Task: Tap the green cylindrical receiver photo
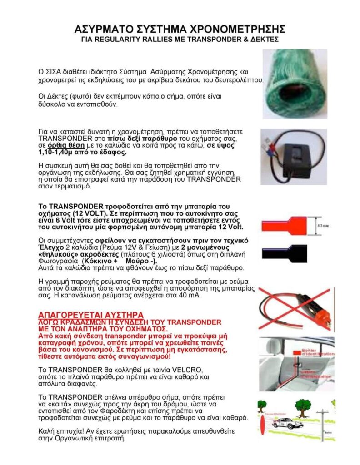295,84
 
